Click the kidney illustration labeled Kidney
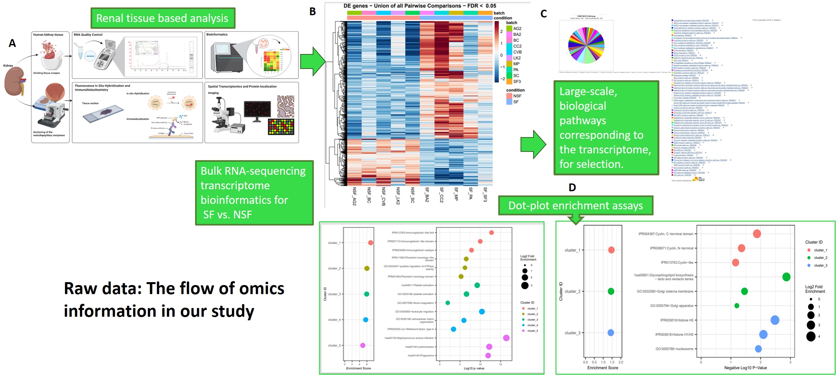pos(14,82)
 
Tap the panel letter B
pos(312,12)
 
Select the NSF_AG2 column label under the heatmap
pos(354,196)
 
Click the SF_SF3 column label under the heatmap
pos(485,194)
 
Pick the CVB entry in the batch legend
pos(517,52)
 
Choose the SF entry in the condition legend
pos(516,102)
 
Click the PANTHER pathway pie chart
pos(586,45)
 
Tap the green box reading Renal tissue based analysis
pos(162,18)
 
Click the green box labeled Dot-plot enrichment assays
pos(576,205)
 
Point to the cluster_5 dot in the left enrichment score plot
pos(362,346)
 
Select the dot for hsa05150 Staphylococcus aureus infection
pos(506,338)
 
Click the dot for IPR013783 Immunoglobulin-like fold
pos(491,232)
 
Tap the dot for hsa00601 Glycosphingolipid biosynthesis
pos(786,277)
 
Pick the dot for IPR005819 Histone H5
pos(775,320)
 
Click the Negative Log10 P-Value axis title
pos(745,368)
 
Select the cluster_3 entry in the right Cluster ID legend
pos(820,266)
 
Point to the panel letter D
pos(572,187)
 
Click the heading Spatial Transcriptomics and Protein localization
pos(242,87)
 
